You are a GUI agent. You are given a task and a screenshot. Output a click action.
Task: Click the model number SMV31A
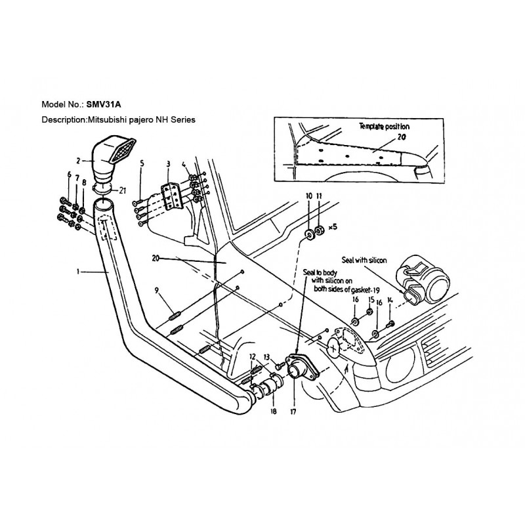(104, 104)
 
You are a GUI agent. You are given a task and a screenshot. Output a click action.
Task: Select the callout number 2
(78, 161)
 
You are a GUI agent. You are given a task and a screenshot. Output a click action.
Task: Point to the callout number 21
(122, 190)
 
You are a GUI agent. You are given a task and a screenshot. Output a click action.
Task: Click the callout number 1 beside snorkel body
(77, 272)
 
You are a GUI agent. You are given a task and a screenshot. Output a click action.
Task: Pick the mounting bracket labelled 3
(172, 198)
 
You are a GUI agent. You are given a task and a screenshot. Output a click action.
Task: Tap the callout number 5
(142, 163)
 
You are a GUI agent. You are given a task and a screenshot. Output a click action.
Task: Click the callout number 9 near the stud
(157, 291)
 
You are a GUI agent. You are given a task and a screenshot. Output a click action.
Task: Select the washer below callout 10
(308, 234)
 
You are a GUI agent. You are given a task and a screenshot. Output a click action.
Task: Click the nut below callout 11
(320, 230)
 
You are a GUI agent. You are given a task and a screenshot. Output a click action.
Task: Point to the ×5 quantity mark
(333, 227)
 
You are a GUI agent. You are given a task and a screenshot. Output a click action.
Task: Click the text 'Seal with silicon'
(364, 260)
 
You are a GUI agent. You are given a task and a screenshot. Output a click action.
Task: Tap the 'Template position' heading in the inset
(385, 127)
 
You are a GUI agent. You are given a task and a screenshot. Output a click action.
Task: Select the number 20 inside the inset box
(402, 137)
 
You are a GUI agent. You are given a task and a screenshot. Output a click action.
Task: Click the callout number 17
(293, 412)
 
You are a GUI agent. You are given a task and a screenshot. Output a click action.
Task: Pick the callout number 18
(274, 411)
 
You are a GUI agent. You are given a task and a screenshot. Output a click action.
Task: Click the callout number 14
(389, 300)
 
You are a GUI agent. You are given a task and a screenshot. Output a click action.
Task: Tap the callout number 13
(266, 356)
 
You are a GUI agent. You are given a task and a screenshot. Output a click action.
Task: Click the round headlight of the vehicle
(400, 367)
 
